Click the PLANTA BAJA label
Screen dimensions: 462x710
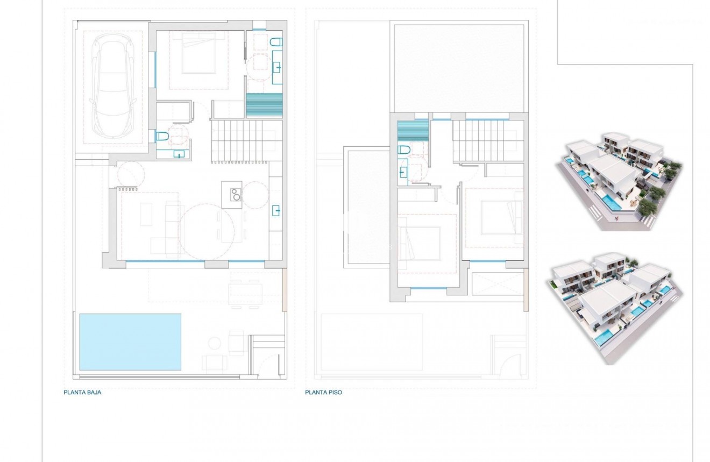[82, 393]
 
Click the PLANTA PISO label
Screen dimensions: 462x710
[323, 393]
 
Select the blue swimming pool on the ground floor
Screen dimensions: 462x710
[130, 342]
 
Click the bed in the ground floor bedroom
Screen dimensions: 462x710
[198, 54]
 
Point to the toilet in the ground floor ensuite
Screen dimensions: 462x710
[276, 41]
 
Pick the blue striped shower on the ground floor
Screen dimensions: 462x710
[264, 104]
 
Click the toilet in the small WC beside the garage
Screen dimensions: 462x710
[162, 137]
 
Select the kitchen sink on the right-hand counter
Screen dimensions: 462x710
[276, 210]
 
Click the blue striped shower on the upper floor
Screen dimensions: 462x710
[413, 131]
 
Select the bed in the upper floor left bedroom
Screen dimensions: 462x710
[420, 243]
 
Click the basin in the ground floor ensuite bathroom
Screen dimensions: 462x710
[278, 68]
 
